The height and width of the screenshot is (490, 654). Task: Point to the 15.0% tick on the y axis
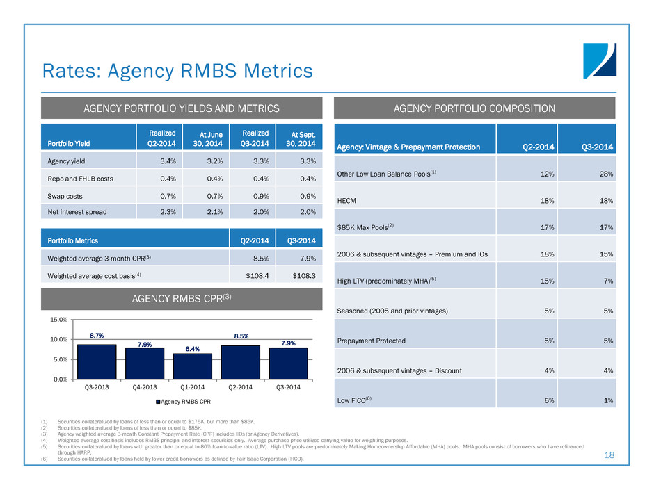pos(58,320)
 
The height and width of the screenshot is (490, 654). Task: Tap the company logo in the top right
pos(599,60)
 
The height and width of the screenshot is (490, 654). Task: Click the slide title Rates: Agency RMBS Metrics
pos(177,71)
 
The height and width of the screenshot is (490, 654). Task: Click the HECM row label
pos(348,199)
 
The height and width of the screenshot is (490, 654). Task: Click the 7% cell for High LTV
pos(607,281)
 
